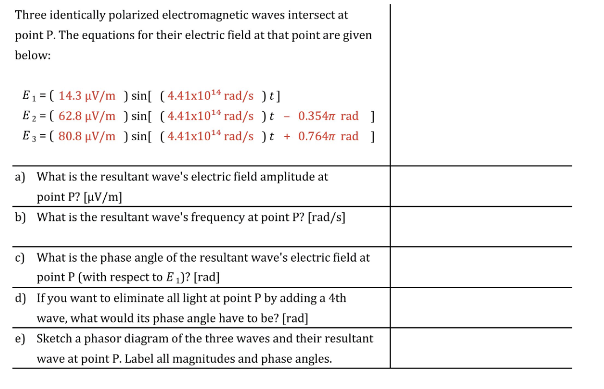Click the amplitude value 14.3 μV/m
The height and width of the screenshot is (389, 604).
coord(87,96)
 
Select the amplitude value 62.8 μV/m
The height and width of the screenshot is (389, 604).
coord(87,116)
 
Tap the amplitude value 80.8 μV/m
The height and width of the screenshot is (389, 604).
coord(87,136)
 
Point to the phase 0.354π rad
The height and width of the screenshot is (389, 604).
coord(328,116)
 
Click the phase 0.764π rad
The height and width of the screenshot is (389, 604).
coord(328,136)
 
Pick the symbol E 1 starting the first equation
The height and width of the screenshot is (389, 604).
coord(28,97)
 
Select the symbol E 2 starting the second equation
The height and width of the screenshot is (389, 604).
coord(28,117)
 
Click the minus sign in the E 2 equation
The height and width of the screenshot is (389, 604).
coord(286,116)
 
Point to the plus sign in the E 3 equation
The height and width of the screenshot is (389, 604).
coord(287,136)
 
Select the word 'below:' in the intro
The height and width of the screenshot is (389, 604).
coord(33,56)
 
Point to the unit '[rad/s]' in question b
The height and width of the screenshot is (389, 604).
coord(326,218)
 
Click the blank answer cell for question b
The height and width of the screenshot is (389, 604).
coord(480,226)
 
